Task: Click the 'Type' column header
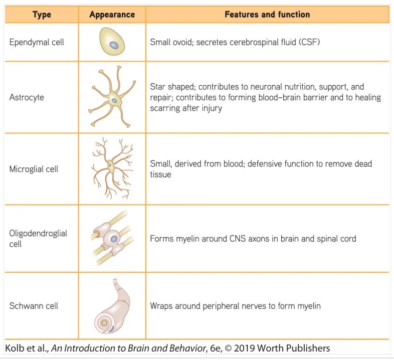click(42, 14)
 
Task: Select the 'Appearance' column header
click(112, 14)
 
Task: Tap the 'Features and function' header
click(267, 14)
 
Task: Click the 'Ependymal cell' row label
click(37, 42)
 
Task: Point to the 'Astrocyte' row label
click(26, 97)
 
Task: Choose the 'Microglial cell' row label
click(34, 169)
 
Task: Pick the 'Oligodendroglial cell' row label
click(38, 238)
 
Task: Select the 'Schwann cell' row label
click(34, 306)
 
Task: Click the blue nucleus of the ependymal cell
click(114, 45)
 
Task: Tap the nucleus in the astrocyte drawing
click(114, 101)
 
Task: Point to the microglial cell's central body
click(110, 166)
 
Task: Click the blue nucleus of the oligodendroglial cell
click(114, 239)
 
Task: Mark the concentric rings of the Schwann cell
click(104, 323)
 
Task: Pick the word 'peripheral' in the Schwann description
click(221, 306)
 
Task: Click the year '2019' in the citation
click(244, 348)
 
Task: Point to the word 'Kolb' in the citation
click(14, 348)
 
